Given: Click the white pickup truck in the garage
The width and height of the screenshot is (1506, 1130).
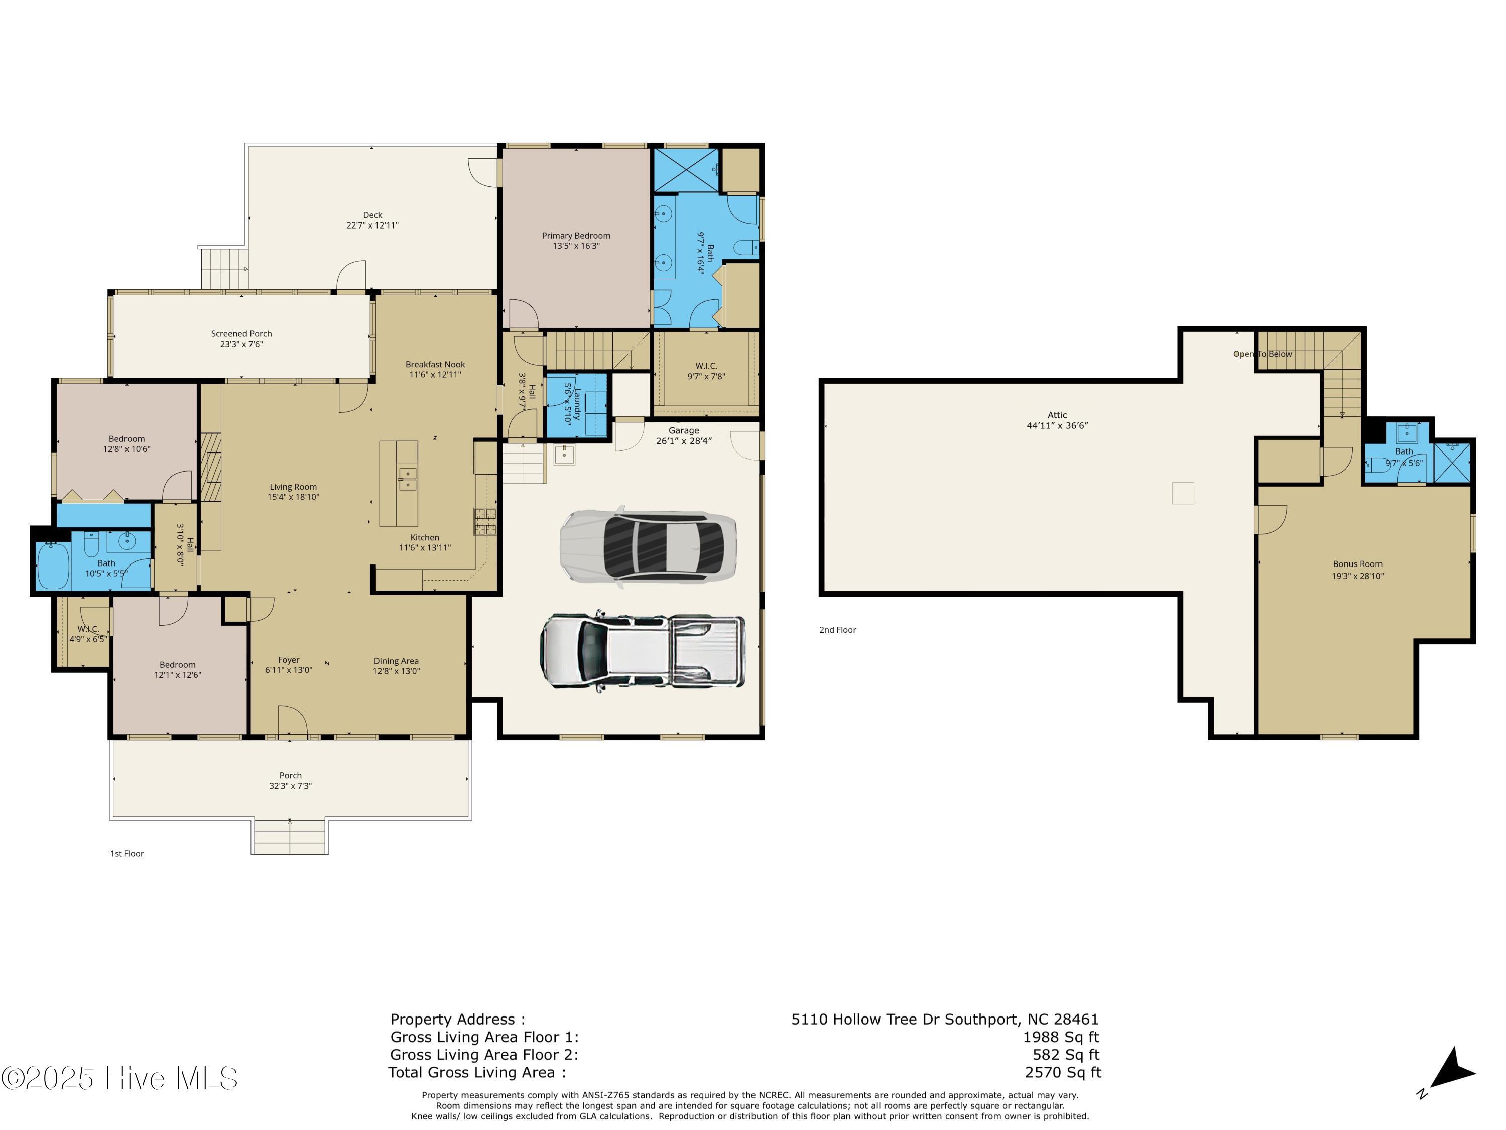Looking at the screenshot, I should (x=643, y=651).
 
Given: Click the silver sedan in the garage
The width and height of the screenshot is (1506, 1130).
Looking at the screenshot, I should (x=648, y=545).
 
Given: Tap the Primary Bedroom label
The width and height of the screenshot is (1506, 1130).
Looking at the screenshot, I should (x=576, y=236).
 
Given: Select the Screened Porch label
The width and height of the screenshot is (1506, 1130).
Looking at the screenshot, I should (x=241, y=334).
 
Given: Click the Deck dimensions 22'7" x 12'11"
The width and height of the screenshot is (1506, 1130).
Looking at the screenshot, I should (x=372, y=225).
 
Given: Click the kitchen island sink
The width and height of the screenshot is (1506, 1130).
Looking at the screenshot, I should (x=407, y=478).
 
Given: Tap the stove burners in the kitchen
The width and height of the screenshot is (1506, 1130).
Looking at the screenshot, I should (x=485, y=521).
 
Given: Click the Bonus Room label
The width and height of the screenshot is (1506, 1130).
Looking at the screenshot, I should (x=1357, y=564).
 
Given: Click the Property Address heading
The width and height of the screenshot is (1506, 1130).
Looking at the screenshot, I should (x=457, y=1020).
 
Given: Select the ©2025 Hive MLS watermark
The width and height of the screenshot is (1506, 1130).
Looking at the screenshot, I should (x=120, y=1078).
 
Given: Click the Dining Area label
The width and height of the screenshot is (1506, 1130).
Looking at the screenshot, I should (x=396, y=661).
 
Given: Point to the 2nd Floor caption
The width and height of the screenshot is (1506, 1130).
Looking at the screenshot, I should (x=837, y=630).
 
